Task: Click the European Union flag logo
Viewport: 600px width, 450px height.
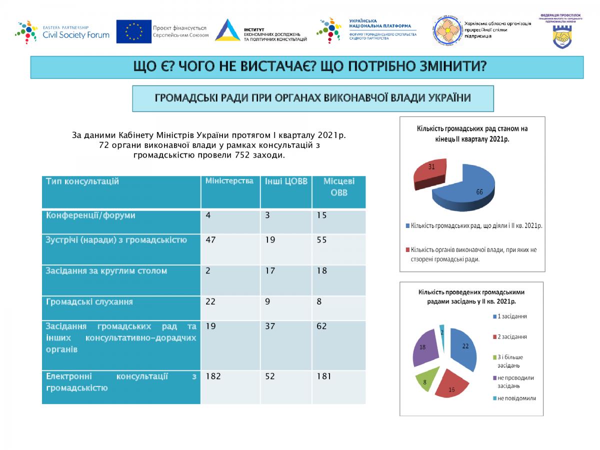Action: click(134, 31)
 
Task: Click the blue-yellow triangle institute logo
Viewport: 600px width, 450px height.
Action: click(227, 30)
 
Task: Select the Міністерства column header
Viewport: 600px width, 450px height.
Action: click(229, 181)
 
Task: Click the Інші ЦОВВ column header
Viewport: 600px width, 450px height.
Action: click(286, 181)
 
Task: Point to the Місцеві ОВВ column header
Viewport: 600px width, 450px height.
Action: click(339, 186)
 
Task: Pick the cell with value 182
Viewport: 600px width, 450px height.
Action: click(213, 376)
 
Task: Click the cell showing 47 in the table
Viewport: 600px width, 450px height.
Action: click(210, 240)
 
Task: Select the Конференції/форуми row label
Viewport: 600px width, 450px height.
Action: click(90, 216)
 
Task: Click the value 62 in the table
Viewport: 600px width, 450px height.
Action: click(322, 326)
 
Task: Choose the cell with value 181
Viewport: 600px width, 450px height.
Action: click(325, 376)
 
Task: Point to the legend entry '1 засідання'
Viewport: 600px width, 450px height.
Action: click(512, 316)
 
